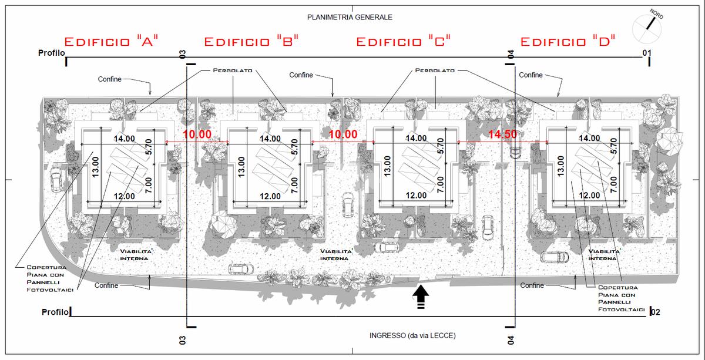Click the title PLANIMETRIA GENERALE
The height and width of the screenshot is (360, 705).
coord(350,17)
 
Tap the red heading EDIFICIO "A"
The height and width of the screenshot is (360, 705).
coord(111,41)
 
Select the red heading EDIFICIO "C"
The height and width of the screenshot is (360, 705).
coord(403,41)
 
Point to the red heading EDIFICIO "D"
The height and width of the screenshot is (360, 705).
coord(568,41)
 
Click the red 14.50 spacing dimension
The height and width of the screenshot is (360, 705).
coord(502,134)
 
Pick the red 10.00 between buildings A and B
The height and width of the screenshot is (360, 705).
coord(197,134)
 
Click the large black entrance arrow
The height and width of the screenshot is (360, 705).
coord(421,297)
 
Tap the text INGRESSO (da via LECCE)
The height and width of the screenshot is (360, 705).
coord(412,335)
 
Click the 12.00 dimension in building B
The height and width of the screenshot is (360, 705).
coord(270,196)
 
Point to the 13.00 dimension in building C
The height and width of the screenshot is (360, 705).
coord(387,166)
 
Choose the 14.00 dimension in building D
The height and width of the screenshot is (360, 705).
coord(589,138)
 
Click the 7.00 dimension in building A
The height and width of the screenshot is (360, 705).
coord(149,185)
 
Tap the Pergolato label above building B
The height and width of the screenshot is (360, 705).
coord(233,70)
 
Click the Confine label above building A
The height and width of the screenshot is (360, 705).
coord(109,79)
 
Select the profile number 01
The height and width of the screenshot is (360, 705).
coord(647,53)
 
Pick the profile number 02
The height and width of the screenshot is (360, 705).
coord(655,312)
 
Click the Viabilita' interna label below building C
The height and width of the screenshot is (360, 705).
coord(336,255)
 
